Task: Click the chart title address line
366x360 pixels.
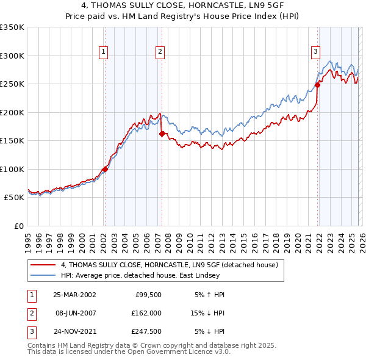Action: coord(183,5)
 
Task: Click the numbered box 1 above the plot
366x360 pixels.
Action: coord(104,52)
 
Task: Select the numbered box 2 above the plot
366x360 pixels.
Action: coord(160,52)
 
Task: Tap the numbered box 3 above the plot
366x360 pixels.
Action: coord(316,52)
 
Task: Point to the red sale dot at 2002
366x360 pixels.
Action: coord(105,169)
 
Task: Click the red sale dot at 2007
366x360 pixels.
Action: coord(162,134)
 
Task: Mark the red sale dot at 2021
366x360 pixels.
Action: coord(318,85)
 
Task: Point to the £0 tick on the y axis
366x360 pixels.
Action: coord(18,226)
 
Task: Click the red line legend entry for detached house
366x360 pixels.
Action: coord(170,265)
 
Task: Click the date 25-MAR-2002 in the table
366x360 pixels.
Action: coord(74,295)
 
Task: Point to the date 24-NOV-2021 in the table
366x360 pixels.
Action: coord(74,331)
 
